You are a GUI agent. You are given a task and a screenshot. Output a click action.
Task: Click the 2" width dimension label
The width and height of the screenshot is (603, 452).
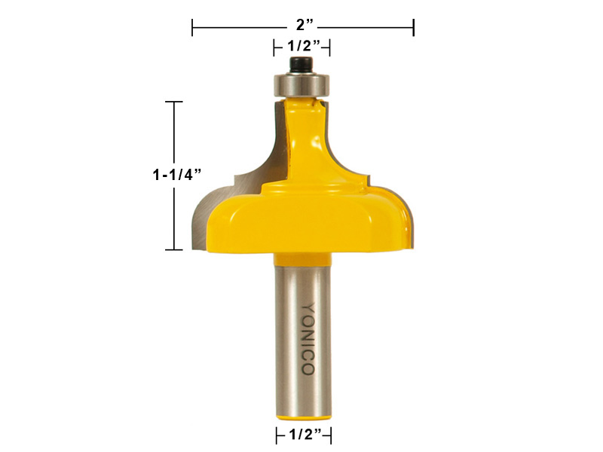[x=305, y=26]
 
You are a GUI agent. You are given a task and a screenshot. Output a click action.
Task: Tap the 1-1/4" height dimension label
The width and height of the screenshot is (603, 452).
[x=177, y=175]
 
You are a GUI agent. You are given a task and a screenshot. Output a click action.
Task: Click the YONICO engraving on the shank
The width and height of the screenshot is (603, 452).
[x=308, y=339]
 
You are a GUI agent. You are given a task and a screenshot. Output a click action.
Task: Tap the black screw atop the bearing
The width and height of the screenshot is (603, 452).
[x=301, y=65]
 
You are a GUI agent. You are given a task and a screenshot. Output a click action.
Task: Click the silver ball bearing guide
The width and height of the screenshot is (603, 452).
[x=301, y=84]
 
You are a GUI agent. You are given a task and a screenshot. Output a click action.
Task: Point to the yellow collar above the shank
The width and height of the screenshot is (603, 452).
[x=302, y=259]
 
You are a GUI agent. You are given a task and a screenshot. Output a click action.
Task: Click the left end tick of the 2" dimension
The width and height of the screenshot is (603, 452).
[x=192, y=27]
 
